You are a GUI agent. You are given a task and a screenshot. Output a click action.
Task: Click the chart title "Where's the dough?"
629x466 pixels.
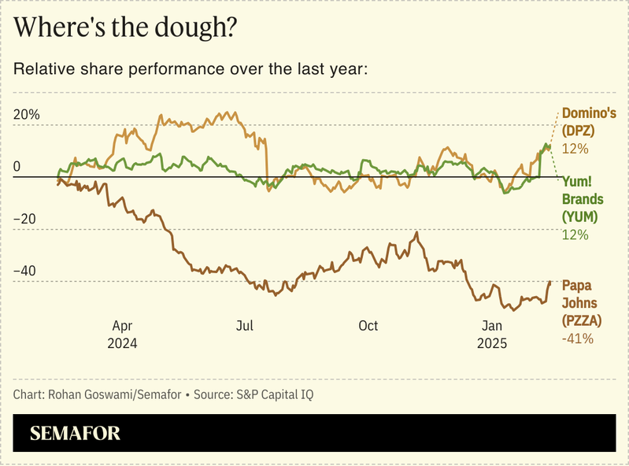tap(127, 28)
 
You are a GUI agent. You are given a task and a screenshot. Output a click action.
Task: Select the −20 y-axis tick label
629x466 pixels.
tap(28, 219)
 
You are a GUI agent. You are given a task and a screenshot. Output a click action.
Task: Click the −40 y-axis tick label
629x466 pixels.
tap(28, 271)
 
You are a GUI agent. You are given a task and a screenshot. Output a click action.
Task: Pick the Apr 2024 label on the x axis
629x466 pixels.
tap(123, 335)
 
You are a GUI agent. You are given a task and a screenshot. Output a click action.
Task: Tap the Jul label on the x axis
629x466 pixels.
tap(245, 326)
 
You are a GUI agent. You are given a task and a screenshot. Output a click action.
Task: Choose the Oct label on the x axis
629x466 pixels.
tap(368, 326)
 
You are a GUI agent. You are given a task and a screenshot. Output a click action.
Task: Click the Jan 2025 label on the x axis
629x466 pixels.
tap(491, 335)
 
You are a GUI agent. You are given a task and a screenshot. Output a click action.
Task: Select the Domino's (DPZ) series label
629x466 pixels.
tap(588, 122)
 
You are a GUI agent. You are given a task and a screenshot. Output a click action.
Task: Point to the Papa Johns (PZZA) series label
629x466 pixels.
tap(582, 303)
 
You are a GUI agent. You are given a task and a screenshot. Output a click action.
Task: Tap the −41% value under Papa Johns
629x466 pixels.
tap(577, 338)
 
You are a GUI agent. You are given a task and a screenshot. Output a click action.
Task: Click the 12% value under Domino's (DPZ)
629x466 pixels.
tap(575, 149)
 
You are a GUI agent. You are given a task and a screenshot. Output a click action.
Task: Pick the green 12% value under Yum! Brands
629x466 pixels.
tap(575, 235)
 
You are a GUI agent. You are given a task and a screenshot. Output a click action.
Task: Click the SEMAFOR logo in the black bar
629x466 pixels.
tap(76, 433)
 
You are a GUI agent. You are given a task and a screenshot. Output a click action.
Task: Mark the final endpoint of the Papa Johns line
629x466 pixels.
tap(549, 282)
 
